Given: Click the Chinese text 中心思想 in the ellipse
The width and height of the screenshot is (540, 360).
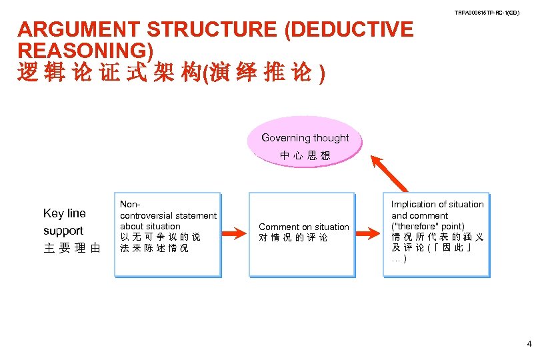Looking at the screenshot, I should (305, 155).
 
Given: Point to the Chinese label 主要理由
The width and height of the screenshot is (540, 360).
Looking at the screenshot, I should (72, 249).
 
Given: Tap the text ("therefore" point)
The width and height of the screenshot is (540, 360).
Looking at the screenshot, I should (427, 226).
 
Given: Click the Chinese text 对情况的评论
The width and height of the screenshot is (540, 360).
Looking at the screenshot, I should (293, 238).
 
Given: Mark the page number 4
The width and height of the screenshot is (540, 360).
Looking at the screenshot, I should (529, 345).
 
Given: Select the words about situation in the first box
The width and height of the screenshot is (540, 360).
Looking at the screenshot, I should (150, 227).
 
